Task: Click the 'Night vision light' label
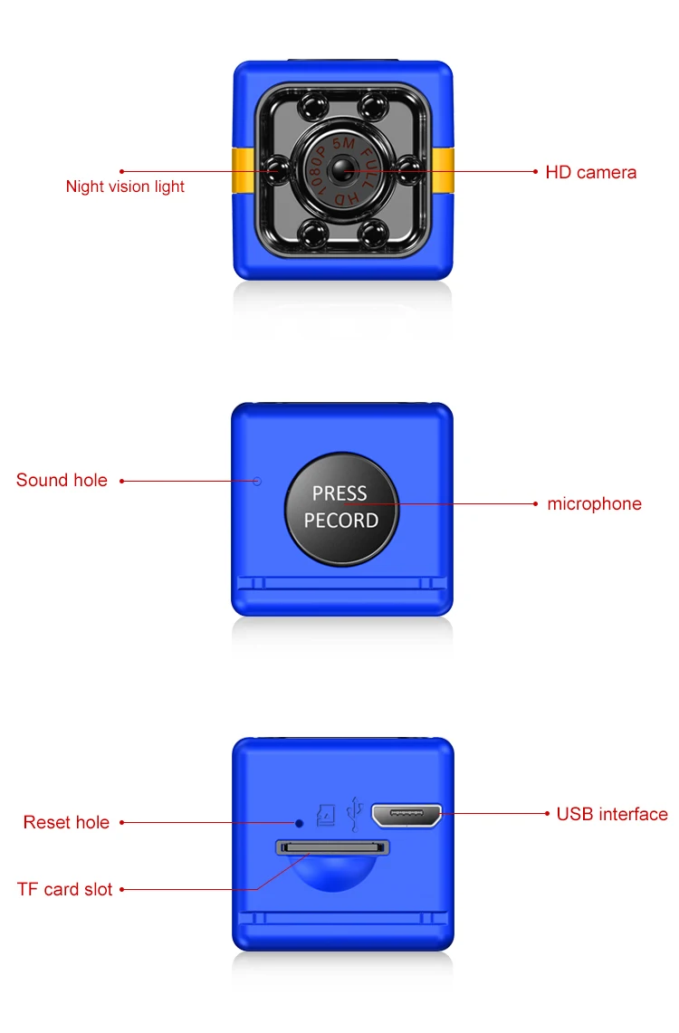(x=125, y=187)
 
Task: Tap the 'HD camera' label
(x=590, y=172)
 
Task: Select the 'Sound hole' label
(x=62, y=481)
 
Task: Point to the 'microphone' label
(x=594, y=504)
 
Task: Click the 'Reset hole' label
(x=66, y=822)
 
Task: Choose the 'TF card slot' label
(x=65, y=889)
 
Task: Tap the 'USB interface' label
(x=612, y=814)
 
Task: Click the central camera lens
(x=342, y=169)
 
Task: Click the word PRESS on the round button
(x=339, y=493)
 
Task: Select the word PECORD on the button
(x=341, y=521)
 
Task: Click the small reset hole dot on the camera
(x=300, y=822)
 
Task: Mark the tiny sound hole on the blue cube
(x=256, y=481)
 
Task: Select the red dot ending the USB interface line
(x=547, y=814)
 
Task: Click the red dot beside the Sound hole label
(x=122, y=481)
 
